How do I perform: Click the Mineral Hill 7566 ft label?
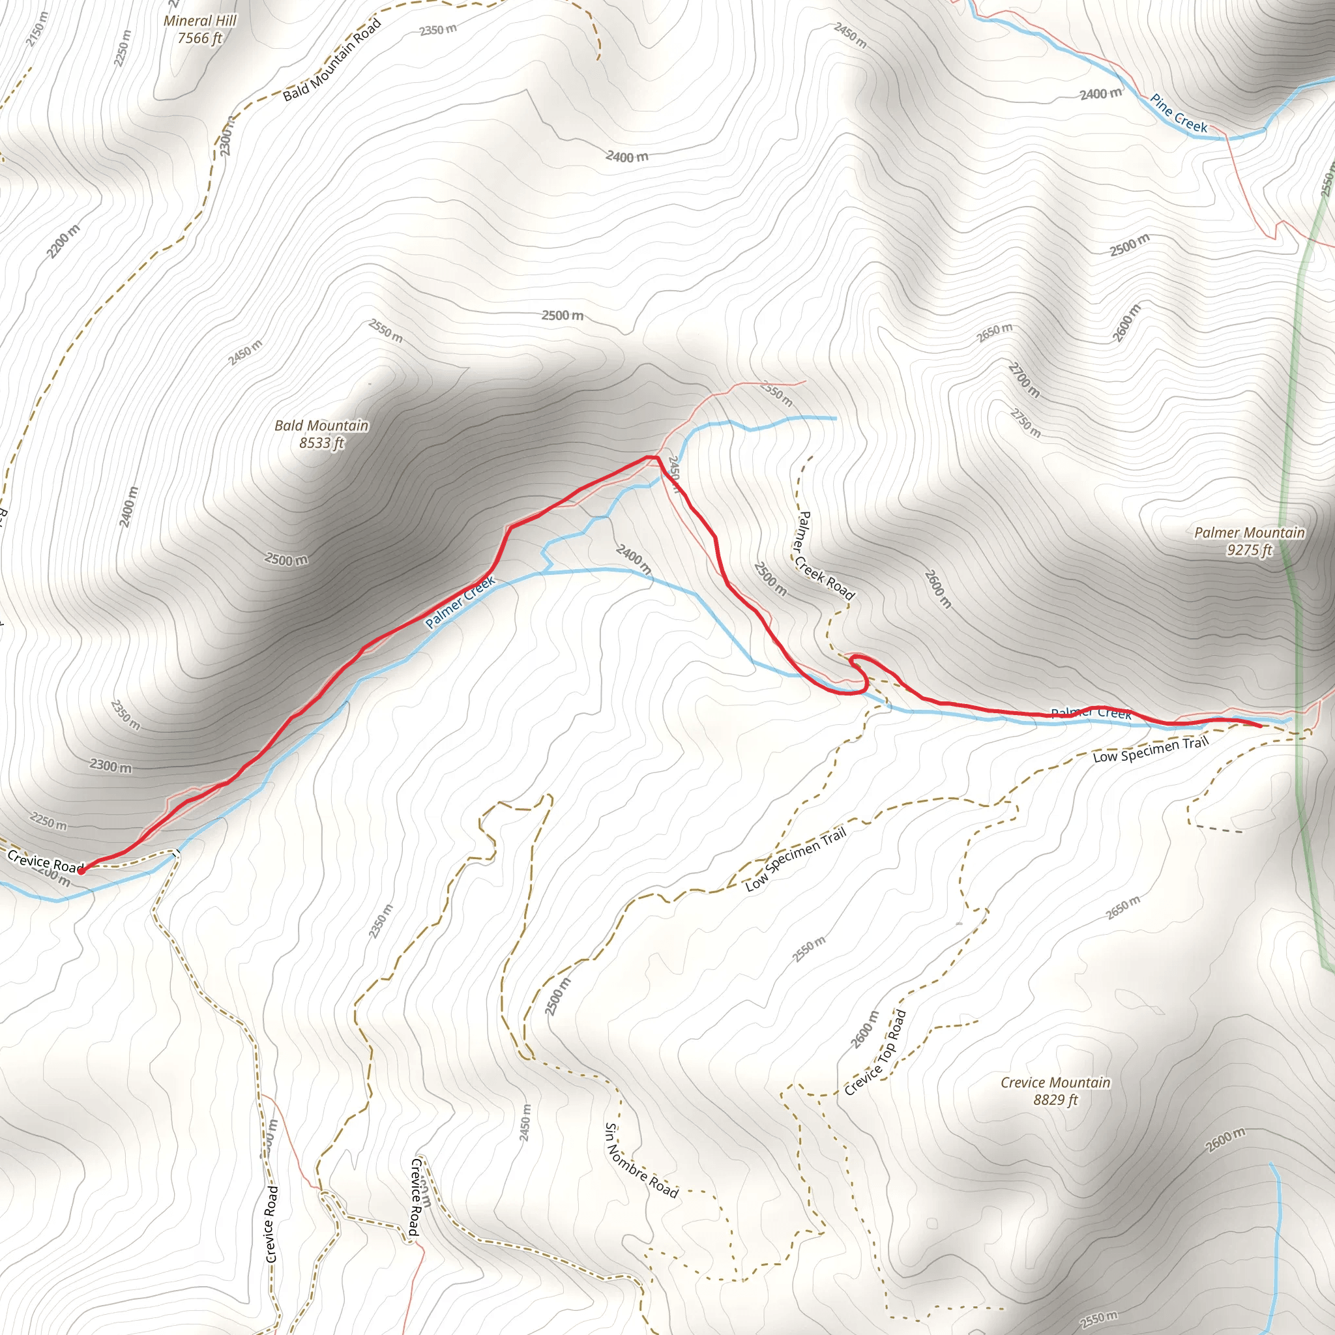click(x=199, y=30)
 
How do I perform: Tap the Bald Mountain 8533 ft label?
click(x=321, y=434)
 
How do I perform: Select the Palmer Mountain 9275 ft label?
click(x=1250, y=541)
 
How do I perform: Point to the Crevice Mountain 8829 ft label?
click(x=1055, y=1091)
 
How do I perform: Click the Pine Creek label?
click(x=1179, y=113)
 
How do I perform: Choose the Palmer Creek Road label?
click(x=826, y=555)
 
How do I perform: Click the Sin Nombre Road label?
click(x=641, y=1160)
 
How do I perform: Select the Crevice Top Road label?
click(x=875, y=1053)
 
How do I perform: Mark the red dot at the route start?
click(x=81, y=871)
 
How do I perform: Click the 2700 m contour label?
click(x=1024, y=379)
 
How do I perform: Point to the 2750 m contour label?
click(x=1025, y=423)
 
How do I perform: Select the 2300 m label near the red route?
click(x=111, y=766)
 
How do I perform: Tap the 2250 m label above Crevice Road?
click(x=48, y=821)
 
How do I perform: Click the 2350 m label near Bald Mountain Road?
click(x=438, y=30)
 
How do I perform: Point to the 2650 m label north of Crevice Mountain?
click(x=1123, y=907)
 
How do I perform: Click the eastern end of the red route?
click(x=1261, y=726)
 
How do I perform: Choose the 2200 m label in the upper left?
click(x=64, y=241)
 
